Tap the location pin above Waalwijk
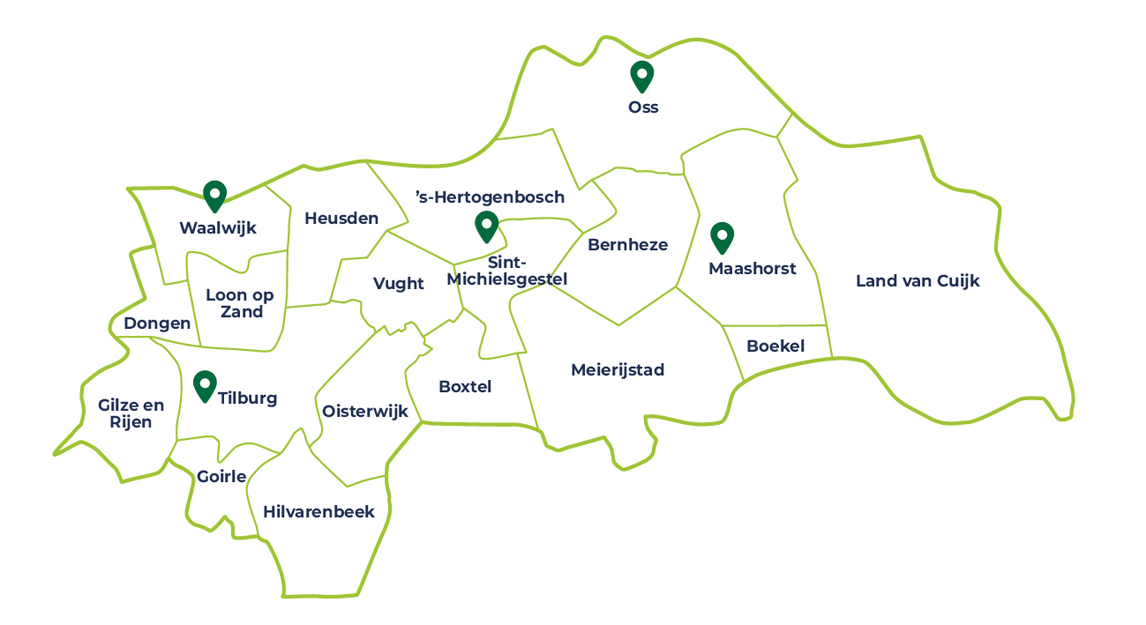coord(215,195)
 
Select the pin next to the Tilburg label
coord(205,385)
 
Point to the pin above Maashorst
coord(722,237)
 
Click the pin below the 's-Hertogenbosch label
coord(487,226)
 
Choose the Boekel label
coord(775,346)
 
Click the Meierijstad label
coord(617,370)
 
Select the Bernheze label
coord(628,245)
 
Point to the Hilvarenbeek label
coord(318,512)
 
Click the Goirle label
coord(222,477)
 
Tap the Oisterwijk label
coord(365,411)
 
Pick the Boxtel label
coord(465,387)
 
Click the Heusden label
coord(341,218)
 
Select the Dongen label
coord(157,323)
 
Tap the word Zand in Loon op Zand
coord(242,312)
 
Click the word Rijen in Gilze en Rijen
coord(131,422)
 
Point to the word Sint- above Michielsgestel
coord(507,262)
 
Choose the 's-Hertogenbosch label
coord(490,197)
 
